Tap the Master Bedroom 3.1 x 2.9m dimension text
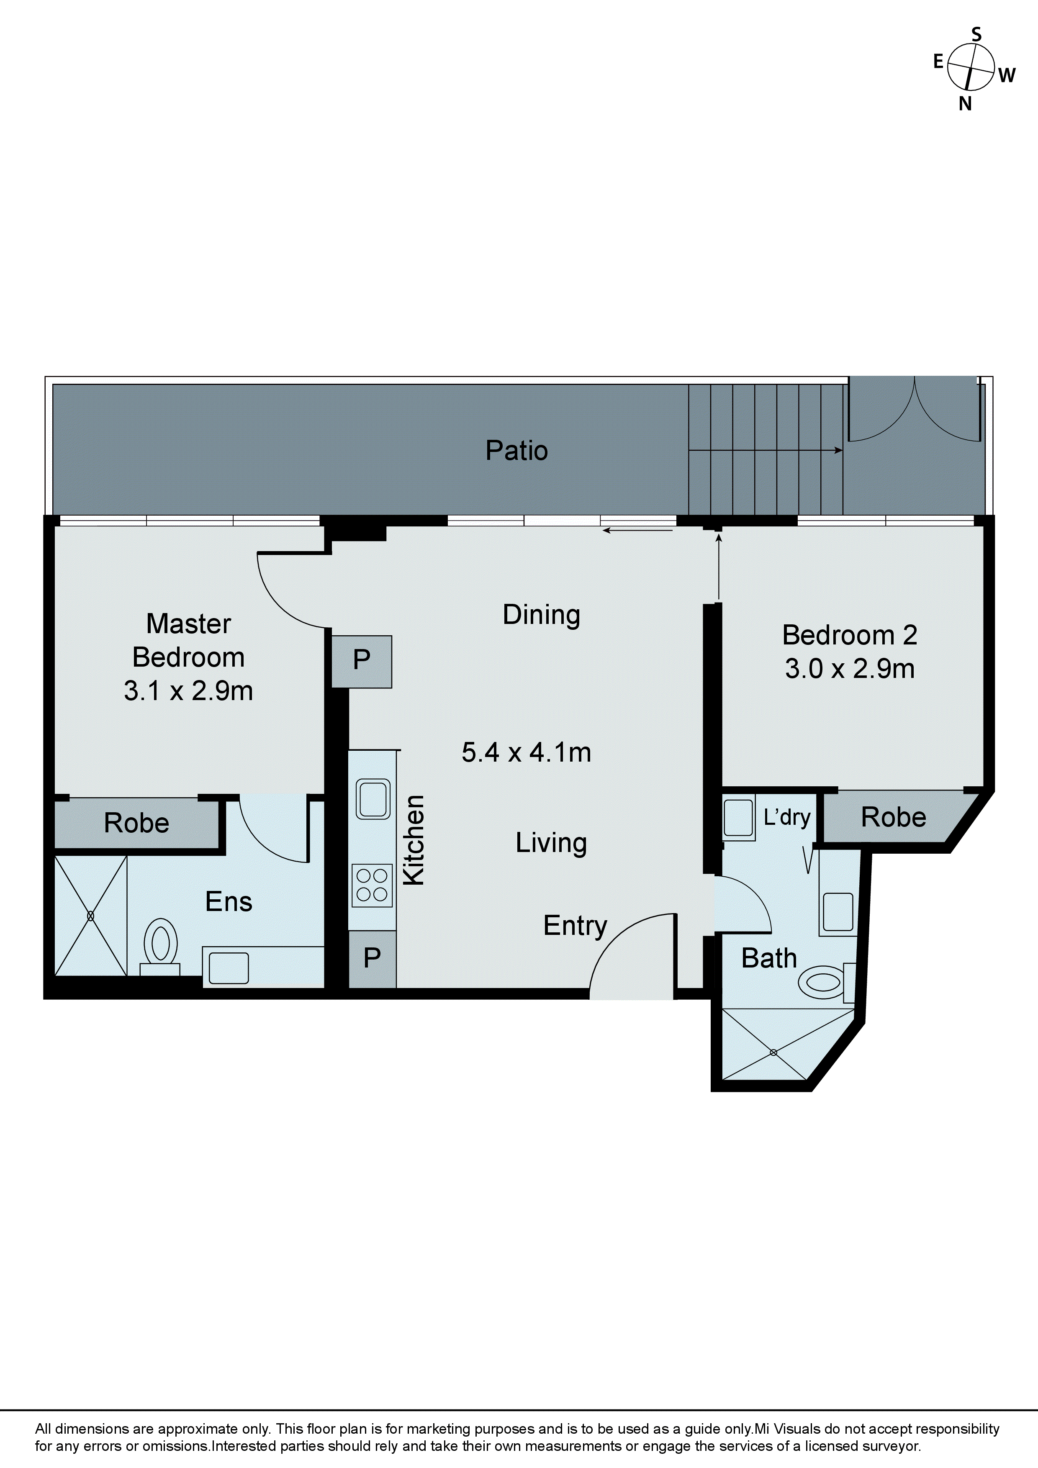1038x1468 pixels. [x=189, y=691]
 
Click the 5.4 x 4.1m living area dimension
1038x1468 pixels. [x=527, y=752]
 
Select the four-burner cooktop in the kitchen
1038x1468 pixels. [x=372, y=885]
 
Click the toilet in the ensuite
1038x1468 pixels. [x=161, y=944]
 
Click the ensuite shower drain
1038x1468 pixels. [x=90, y=916]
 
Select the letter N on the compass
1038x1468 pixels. [x=964, y=104]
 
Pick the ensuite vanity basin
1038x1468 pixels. [x=229, y=968]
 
